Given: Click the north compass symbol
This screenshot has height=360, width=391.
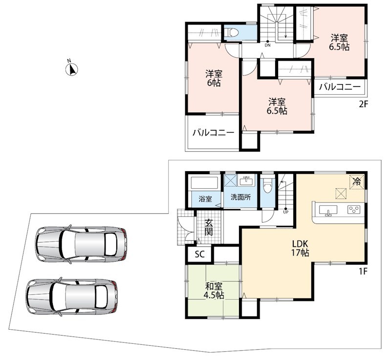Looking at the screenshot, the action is click(72, 69).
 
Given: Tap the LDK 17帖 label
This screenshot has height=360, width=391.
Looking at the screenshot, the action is click(300, 248).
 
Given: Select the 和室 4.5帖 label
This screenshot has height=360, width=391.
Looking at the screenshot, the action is click(214, 291).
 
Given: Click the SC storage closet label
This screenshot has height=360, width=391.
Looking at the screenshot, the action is click(200, 254).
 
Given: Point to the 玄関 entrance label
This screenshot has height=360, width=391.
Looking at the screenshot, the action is click(209, 227).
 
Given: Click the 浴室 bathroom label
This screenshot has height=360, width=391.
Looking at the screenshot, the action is click(205, 199).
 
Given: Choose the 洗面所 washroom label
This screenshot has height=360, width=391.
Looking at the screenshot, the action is click(240, 197).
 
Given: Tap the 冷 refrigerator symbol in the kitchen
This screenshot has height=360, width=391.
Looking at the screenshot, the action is click(357, 181).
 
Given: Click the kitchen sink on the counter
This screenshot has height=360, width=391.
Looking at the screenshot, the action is click(328, 210).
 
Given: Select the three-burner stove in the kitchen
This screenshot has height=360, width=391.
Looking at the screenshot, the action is click(354, 209).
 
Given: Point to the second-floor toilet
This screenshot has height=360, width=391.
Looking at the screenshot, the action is click(232, 33).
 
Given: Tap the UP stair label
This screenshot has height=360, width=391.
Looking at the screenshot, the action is click(285, 212).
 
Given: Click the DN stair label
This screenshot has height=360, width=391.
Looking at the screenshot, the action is click(267, 45).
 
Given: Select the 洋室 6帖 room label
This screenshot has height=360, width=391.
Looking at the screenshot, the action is click(214, 78).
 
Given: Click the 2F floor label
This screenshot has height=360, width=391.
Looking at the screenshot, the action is click(363, 104).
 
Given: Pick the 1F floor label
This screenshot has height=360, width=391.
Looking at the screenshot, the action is click(363, 271).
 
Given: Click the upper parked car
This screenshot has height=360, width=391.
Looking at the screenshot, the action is click(81, 244).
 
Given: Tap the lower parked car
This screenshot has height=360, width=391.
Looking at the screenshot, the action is click(72, 296).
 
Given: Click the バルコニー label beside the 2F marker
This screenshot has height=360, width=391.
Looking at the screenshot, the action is click(340, 87).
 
